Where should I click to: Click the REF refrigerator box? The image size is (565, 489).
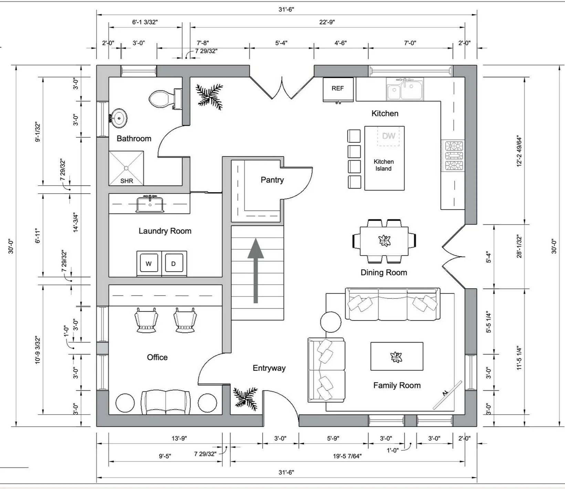click(x=338, y=89)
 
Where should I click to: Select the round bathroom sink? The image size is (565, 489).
click(x=118, y=118)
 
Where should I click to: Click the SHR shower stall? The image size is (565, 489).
click(x=126, y=168)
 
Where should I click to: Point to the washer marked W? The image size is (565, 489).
click(x=149, y=264)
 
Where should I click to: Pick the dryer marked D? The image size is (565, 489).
click(x=174, y=264)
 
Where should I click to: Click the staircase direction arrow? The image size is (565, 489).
click(x=255, y=271)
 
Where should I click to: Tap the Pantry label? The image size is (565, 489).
click(x=272, y=180)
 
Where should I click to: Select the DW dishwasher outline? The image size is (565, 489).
click(x=388, y=136)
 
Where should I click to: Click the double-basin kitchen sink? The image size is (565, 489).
click(x=405, y=89)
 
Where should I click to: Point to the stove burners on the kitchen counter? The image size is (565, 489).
click(x=453, y=156)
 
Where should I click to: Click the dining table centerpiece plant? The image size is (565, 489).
click(x=384, y=241)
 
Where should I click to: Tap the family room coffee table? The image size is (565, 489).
click(x=397, y=356)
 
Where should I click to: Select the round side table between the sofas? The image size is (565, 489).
click(x=331, y=322)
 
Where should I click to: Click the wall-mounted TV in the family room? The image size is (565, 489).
click(x=447, y=395)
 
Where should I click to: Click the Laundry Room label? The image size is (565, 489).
click(x=165, y=231)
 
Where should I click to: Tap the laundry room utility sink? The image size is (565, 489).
click(x=150, y=204)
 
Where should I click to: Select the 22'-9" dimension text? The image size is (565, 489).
click(x=327, y=22)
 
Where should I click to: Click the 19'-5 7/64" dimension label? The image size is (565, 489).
click(x=347, y=456)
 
